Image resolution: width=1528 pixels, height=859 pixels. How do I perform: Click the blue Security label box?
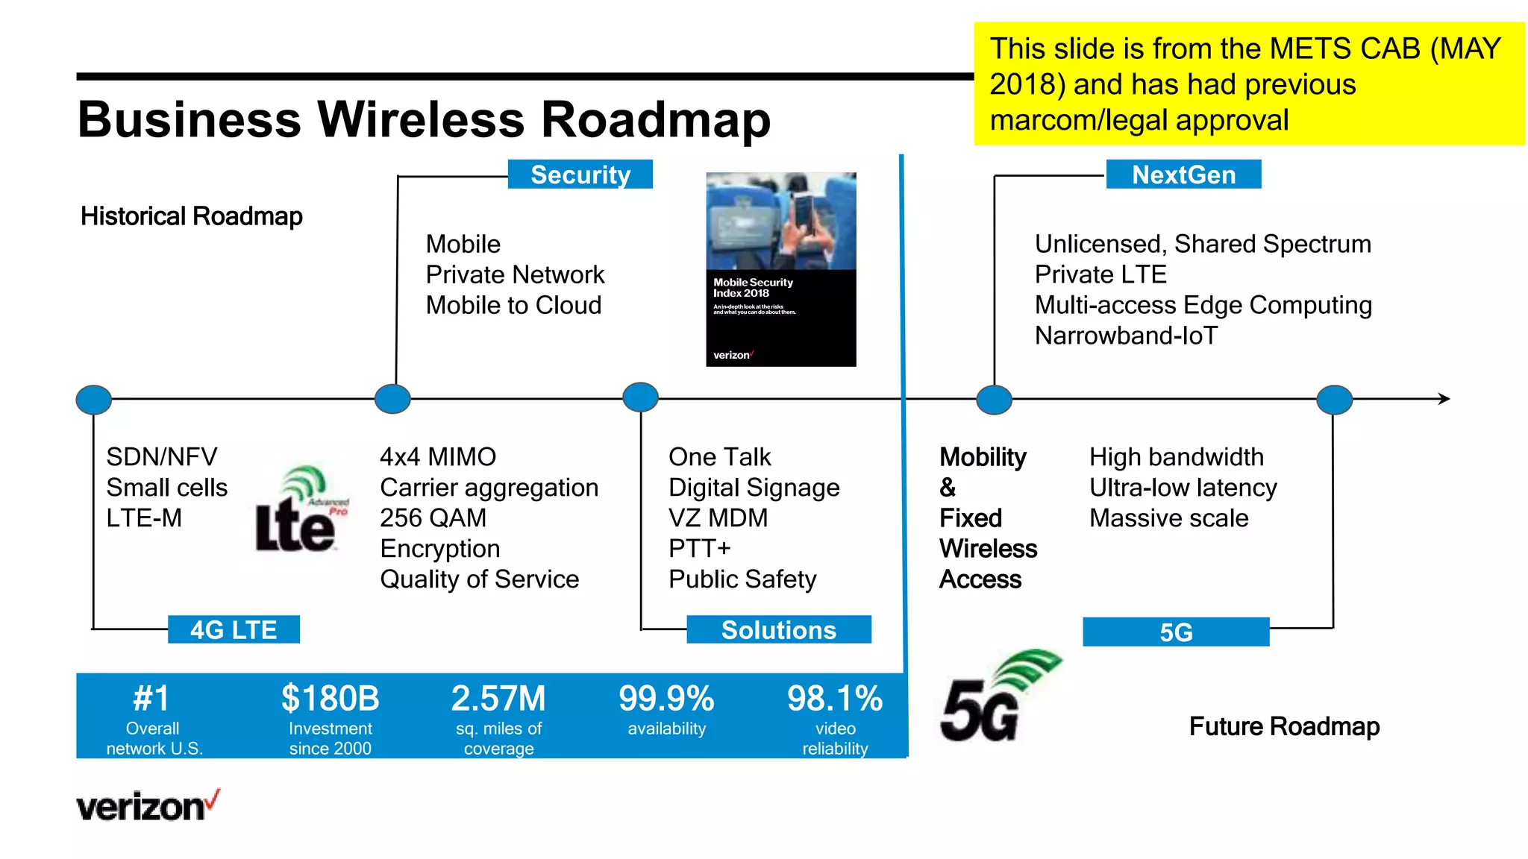coord(580,174)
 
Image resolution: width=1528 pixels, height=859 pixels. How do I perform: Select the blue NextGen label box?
coord(1183,174)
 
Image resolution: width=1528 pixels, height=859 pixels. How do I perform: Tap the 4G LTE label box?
coord(234,629)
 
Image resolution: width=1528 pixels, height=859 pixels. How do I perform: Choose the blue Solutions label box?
coord(778,630)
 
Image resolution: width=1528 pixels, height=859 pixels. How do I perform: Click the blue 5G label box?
coord(1176,632)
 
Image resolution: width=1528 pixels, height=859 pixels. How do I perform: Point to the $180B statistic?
coord(330,699)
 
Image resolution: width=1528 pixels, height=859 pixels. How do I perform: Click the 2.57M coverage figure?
coord(498,699)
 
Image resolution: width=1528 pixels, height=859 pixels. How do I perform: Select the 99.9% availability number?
coord(666,699)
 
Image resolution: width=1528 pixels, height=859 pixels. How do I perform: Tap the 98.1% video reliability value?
coord(835,699)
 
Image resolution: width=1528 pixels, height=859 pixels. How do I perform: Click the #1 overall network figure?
coord(152,699)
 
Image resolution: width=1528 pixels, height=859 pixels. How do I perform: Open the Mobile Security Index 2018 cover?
coord(780,269)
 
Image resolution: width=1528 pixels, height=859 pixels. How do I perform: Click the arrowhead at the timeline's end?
coord(1444,399)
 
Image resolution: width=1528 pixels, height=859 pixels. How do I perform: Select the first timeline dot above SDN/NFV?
coord(94,400)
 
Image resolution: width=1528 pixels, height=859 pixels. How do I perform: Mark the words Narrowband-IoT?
coord(1126,336)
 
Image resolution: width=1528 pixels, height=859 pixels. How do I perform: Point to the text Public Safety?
coord(742,579)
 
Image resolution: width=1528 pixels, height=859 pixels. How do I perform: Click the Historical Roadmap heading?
coord(192,217)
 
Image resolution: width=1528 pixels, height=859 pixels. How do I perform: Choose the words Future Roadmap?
coord(1284,726)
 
